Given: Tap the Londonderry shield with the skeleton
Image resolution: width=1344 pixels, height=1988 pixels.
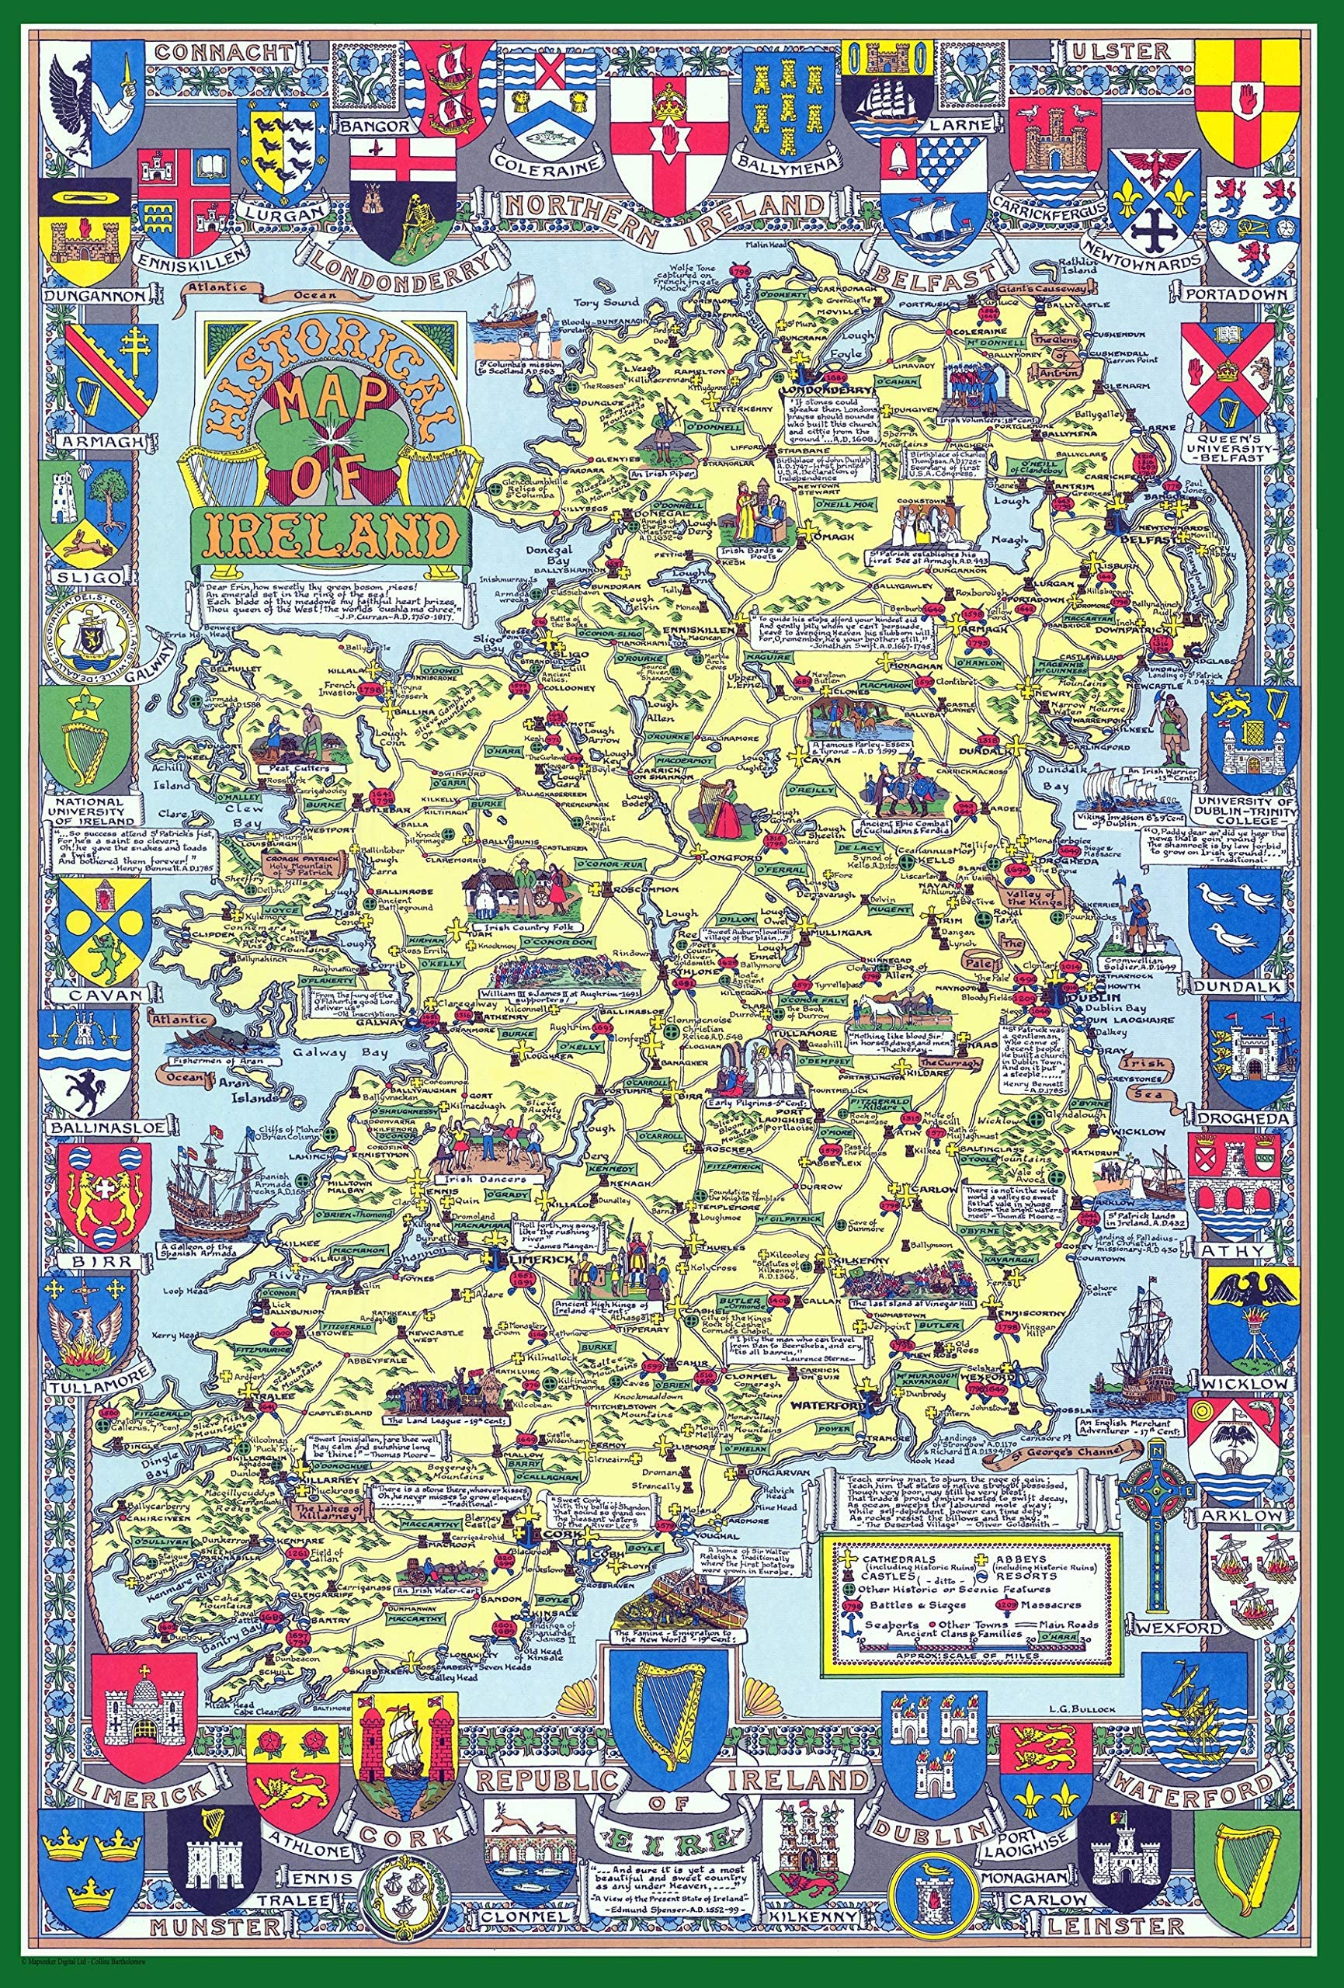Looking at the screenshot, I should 403,199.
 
